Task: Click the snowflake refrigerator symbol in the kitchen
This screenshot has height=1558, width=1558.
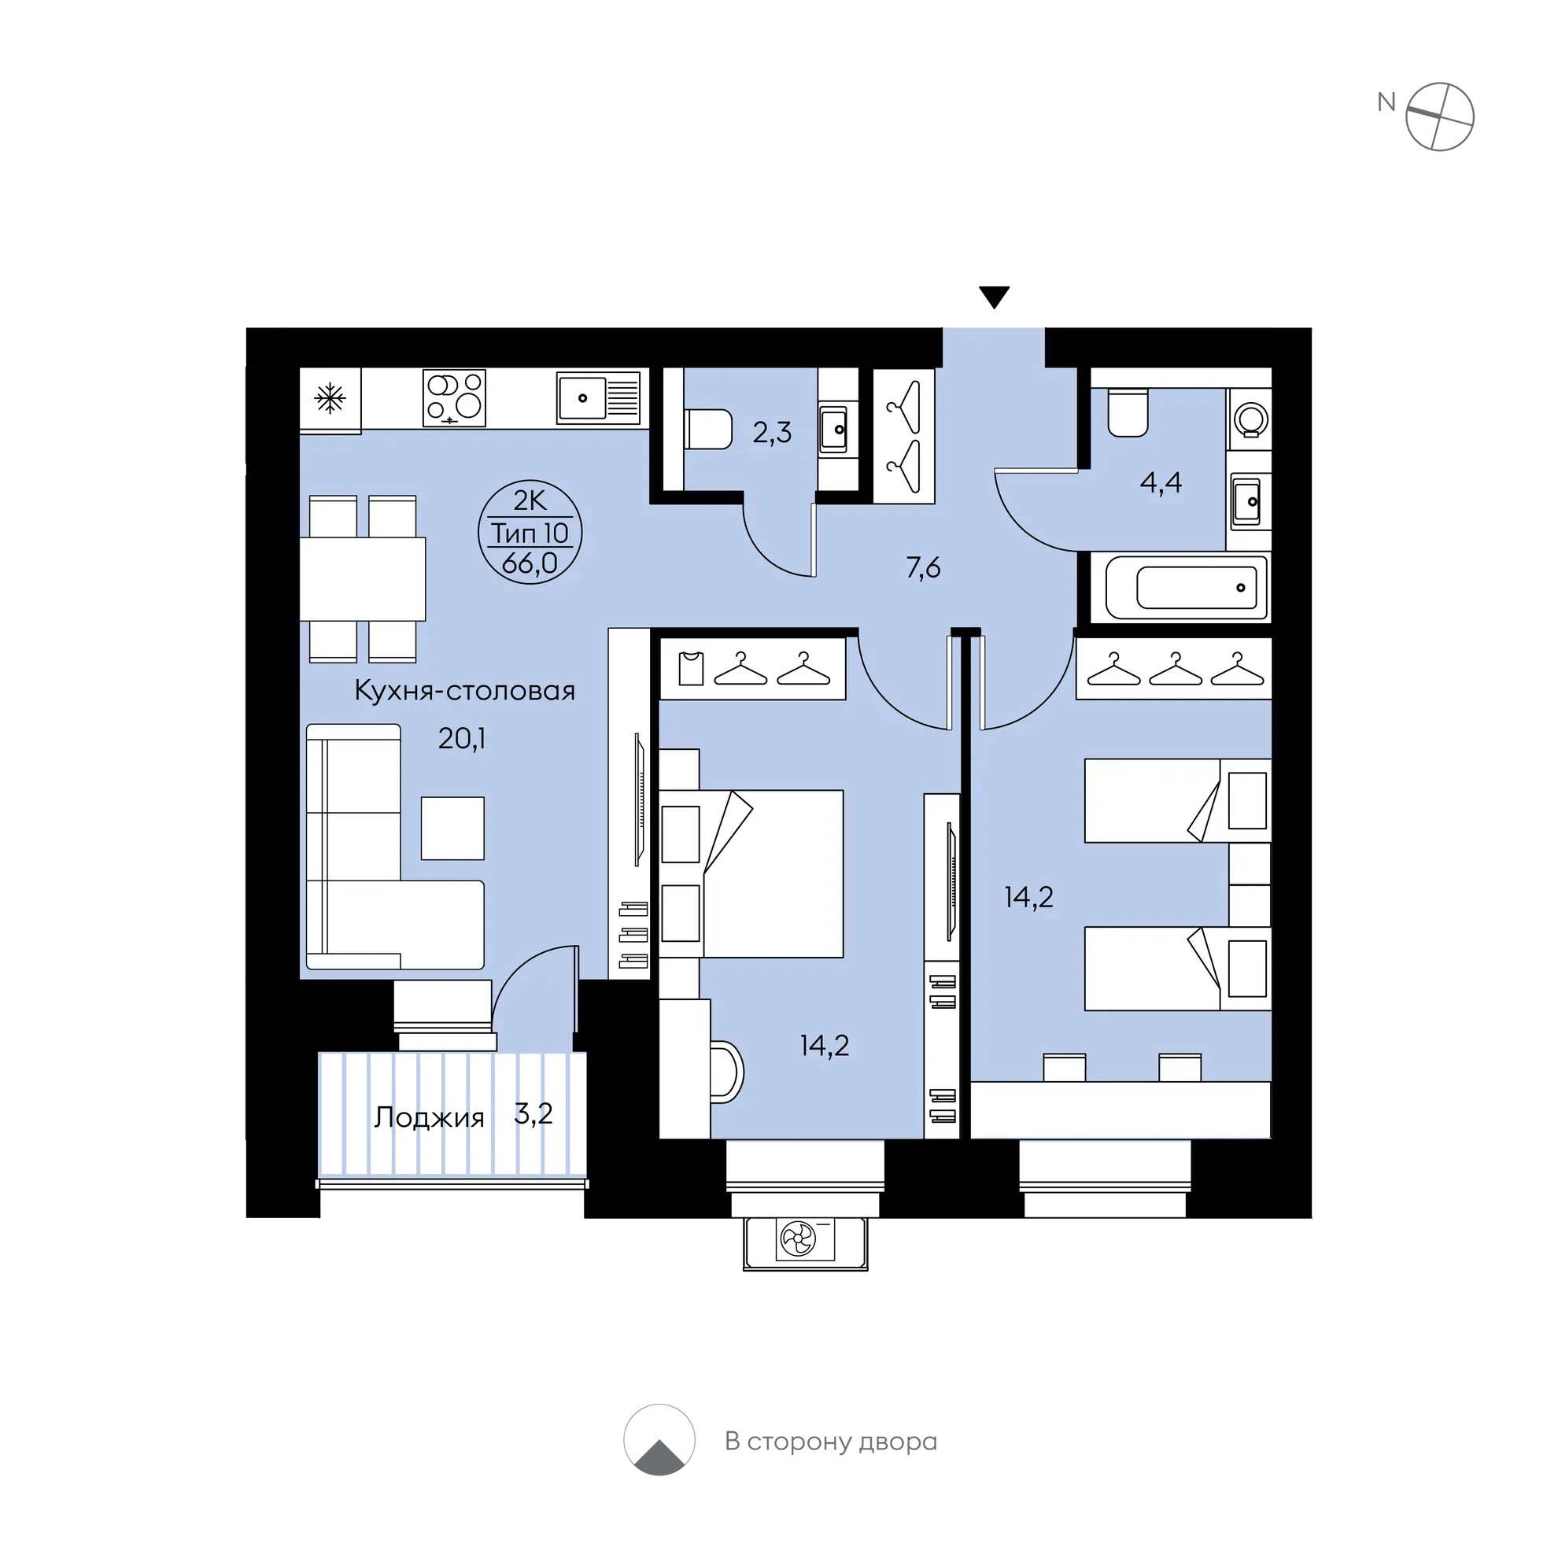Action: point(330,398)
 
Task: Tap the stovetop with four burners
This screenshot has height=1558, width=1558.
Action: point(454,397)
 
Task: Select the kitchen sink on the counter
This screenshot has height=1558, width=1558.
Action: point(598,397)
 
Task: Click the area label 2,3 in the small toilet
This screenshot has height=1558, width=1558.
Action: point(772,434)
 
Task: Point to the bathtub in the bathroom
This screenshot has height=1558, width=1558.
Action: point(1186,587)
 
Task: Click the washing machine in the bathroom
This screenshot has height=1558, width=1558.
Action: point(1250,419)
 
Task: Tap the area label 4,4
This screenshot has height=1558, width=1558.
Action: point(1161,482)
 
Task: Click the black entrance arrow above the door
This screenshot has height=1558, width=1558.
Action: point(995,297)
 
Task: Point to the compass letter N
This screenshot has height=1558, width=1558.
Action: point(1386,102)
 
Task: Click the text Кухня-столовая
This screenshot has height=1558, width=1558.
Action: point(464,691)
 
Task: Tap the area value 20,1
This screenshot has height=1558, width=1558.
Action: point(461,738)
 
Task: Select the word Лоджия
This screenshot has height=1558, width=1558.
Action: point(429,1117)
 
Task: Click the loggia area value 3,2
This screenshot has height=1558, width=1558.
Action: point(533,1113)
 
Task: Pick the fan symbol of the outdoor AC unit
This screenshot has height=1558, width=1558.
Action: point(799,1239)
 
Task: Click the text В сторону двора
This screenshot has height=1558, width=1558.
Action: point(831,1442)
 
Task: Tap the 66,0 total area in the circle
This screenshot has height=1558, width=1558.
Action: point(530,563)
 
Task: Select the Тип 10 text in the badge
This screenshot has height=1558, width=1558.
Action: point(530,533)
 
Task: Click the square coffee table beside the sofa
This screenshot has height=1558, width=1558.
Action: point(452,829)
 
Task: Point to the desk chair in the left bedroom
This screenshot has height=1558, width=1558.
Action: point(726,1072)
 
